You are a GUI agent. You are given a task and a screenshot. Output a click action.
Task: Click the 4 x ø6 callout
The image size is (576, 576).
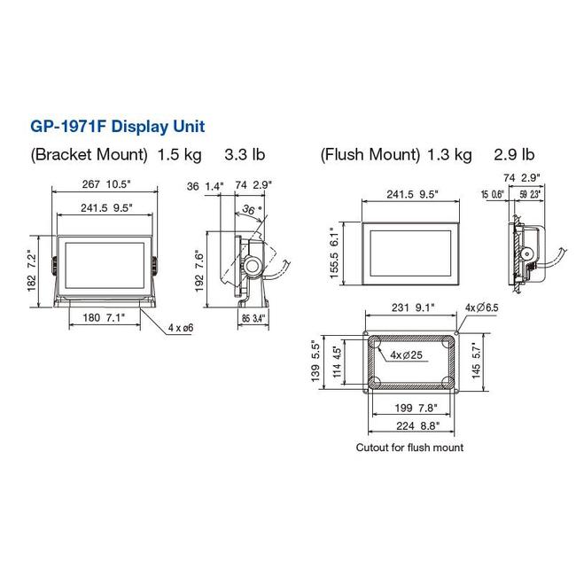click(182, 327)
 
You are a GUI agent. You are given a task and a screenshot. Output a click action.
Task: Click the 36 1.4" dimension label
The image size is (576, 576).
click(203, 185)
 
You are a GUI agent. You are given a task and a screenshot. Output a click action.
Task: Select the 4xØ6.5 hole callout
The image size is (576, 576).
click(483, 308)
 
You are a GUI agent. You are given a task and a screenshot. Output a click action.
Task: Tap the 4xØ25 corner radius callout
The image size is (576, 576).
click(407, 354)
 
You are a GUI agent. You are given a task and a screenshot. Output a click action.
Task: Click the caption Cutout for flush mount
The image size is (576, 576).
click(409, 448)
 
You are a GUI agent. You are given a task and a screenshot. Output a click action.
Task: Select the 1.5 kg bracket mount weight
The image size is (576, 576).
click(180, 155)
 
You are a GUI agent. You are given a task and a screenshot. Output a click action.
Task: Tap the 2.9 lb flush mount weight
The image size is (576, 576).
click(514, 155)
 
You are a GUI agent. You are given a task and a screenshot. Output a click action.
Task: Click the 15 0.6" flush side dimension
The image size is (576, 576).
click(493, 194)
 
